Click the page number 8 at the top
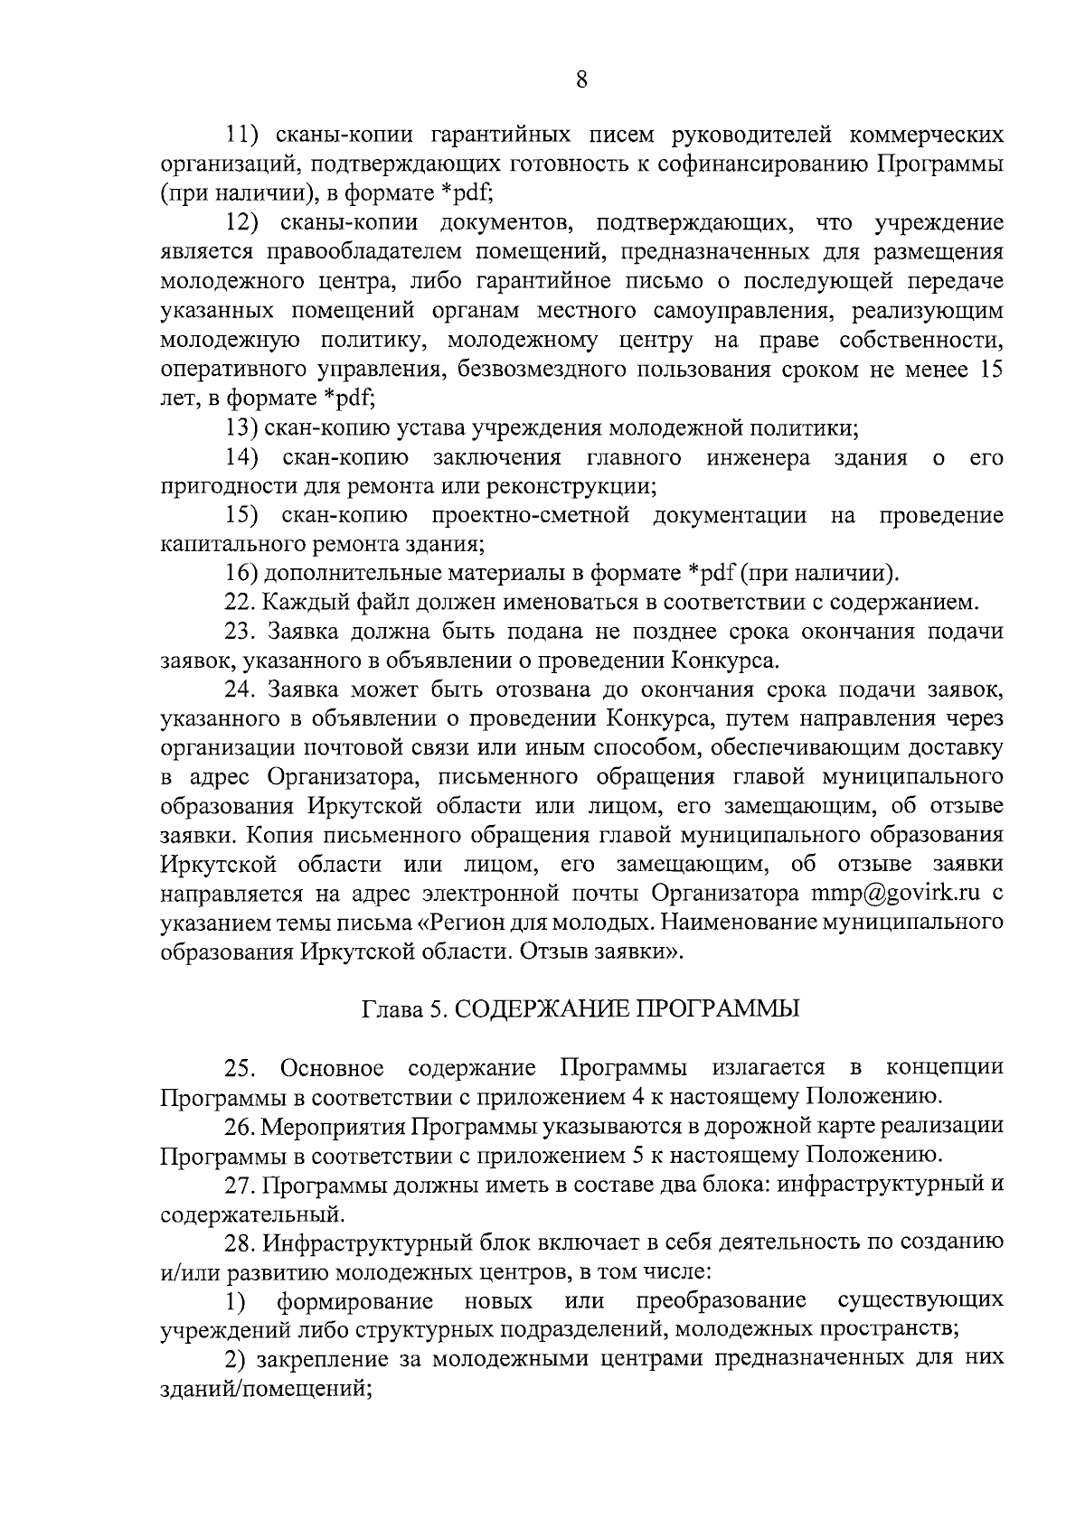(582, 80)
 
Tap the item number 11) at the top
(242, 136)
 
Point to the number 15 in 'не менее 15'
(990, 369)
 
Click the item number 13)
(243, 427)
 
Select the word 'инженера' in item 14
(759, 457)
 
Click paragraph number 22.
(240, 603)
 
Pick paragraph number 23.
(240, 632)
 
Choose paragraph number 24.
(240, 690)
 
